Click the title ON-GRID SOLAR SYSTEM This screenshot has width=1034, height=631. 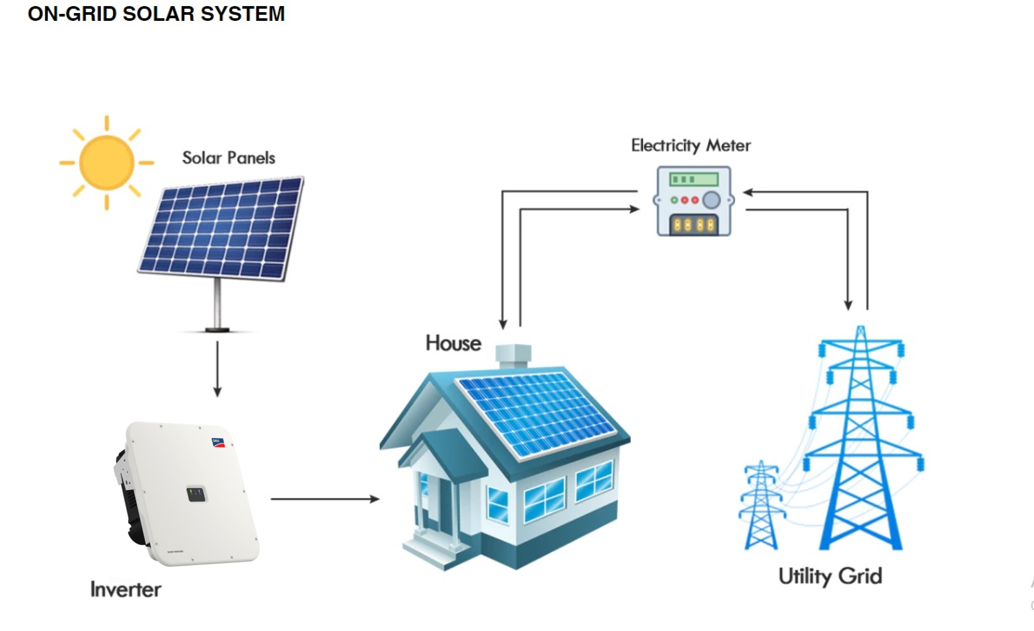[x=156, y=14]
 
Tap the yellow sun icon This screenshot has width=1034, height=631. [x=106, y=162]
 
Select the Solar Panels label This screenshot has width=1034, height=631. [x=229, y=158]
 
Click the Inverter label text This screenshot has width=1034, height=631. [x=126, y=590]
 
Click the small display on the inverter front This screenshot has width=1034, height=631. [x=196, y=494]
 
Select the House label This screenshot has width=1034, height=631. [x=453, y=343]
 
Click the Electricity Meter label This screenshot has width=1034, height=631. [x=691, y=146]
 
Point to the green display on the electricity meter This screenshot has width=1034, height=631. [x=694, y=179]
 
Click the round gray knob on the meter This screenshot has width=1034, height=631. [x=711, y=200]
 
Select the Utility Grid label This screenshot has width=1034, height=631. [x=830, y=576]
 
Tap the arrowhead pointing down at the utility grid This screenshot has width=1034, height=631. [x=848, y=305]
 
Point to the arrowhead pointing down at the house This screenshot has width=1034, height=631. [x=503, y=324]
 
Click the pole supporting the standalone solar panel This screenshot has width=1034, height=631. [x=218, y=304]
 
